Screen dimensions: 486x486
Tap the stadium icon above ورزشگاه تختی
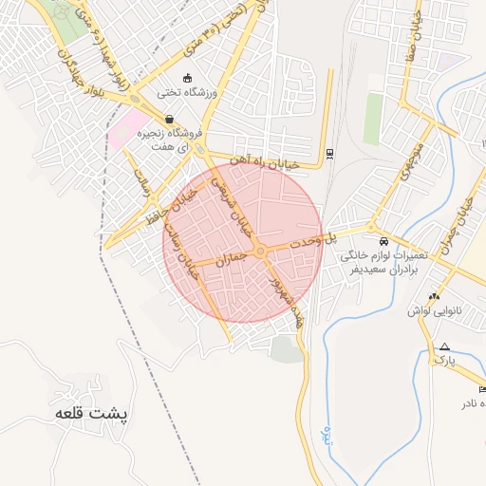187,78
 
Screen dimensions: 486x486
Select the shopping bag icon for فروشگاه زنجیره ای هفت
169,120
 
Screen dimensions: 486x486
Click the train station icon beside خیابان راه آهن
329,153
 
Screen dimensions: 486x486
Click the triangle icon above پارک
443,346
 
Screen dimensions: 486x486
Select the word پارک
444,362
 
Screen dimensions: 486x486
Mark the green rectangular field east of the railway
373,118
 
